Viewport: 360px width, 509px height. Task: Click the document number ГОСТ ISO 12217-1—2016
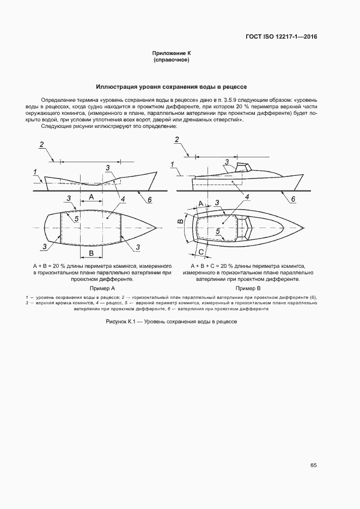point(281,37)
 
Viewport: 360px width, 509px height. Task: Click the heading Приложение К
point(172,53)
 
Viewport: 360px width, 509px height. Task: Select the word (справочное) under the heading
point(172,60)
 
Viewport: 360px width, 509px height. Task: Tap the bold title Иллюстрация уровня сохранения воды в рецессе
point(172,87)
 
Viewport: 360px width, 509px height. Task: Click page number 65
point(313,465)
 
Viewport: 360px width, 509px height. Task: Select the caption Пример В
point(248,288)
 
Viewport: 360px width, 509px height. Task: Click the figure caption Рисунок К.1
point(172,322)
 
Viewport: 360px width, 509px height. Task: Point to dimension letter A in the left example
point(91,195)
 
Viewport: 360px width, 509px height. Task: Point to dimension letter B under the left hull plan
point(91,254)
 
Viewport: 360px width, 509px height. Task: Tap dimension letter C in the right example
point(201,252)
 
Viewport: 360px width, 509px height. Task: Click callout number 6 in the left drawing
point(149,200)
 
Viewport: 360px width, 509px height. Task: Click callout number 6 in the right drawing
point(292,200)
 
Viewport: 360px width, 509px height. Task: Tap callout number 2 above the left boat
point(41,145)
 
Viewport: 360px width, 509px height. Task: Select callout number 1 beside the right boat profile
point(172,164)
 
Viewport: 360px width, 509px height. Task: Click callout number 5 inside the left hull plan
point(77,218)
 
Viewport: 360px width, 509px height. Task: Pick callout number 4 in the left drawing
point(124,199)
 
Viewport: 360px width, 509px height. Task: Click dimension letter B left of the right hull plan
point(179,222)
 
